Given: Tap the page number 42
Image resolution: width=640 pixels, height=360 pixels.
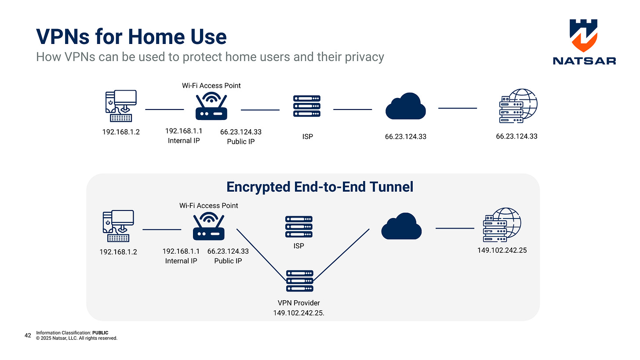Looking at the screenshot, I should click(28, 335).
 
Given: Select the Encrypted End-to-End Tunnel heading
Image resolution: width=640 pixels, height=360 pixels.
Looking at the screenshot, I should click(320, 187).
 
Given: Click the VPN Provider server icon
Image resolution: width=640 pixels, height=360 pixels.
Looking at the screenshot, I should click(300, 281).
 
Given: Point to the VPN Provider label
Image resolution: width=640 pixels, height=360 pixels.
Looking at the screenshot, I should click(298, 303).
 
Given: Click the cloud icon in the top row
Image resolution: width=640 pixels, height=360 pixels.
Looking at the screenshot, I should click(405, 106).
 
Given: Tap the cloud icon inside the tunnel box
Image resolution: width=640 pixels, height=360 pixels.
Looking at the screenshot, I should click(401, 226).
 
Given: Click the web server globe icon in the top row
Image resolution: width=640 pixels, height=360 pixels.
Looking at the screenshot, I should click(518, 106).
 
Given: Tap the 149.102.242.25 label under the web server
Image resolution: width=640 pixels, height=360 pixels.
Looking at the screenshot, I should click(502, 250).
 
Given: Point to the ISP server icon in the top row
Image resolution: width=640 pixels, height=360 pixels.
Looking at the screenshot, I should click(307, 106).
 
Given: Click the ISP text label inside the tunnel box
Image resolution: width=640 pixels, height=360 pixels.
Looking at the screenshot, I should click(299, 246).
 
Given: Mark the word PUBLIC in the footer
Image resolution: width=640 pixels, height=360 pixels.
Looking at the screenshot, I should click(100, 333).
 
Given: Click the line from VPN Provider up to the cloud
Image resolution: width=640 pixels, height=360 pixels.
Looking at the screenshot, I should click(341, 255).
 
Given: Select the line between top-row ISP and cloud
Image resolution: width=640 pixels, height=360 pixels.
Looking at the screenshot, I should click(353, 109).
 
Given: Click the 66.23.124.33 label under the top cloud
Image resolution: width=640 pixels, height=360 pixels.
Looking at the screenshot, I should click(406, 137).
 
